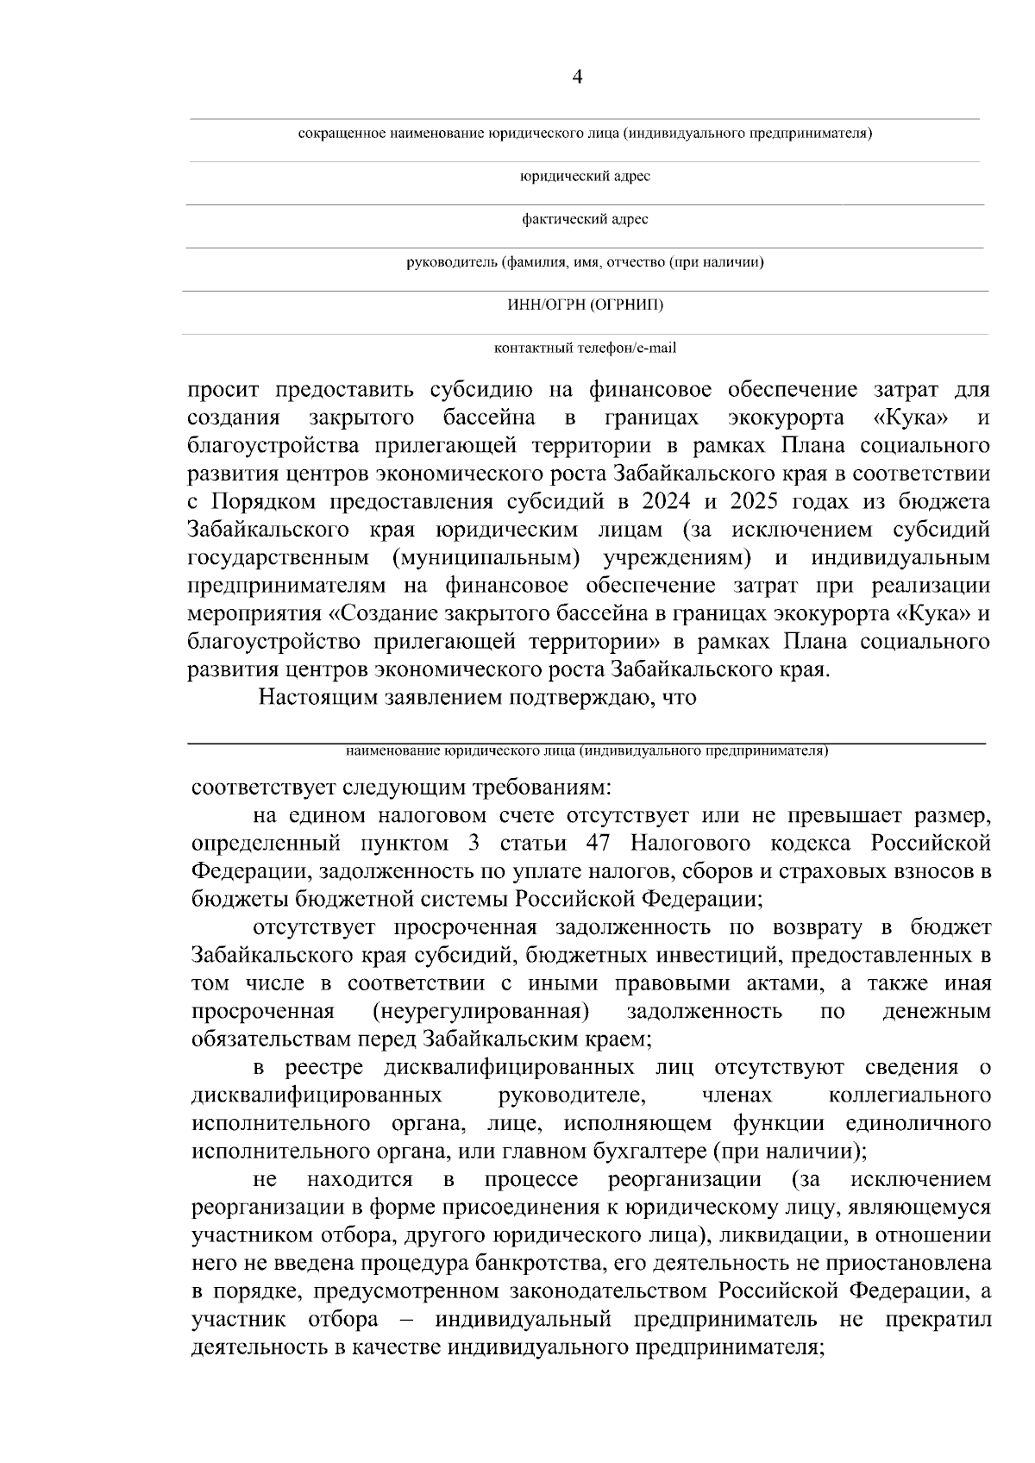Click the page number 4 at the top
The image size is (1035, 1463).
pos(577,78)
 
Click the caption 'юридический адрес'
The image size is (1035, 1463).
pos(584,177)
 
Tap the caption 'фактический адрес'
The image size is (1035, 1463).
pos(585,220)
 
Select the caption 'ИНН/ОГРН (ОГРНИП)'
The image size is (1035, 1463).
pos(585,305)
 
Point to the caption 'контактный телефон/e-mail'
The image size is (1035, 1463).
pos(585,348)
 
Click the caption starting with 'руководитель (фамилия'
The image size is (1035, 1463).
pos(585,262)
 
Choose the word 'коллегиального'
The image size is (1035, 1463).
pos(909,1096)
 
